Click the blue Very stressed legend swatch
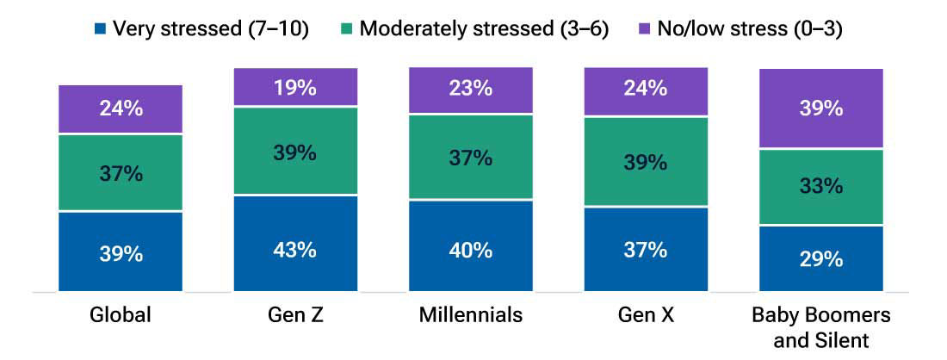coord(100,28)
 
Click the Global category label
coord(121,315)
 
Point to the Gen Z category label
coord(295,315)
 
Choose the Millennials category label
coord(470,315)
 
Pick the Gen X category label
coord(646,315)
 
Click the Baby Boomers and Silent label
coord(820,327)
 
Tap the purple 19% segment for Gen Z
coord(295,87)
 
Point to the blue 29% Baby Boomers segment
coord(820,258)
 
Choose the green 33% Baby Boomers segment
coord(820,187)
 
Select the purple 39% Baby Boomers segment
coord(820,109)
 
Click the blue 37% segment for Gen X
coord(646,249)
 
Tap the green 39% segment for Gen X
coord(646,162)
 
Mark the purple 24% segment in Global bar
coord(121,109)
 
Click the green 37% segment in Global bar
coord(121,172)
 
